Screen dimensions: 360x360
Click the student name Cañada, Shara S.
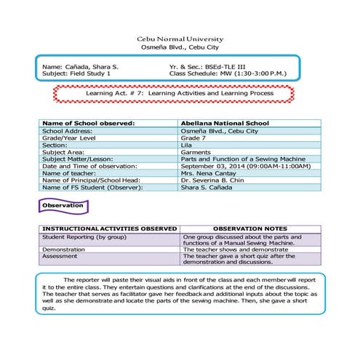(x=92, y=66)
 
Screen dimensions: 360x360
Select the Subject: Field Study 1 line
(x=77, y=73)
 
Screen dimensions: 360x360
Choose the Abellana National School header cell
(x=226, y=124)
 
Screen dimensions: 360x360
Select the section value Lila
(x=191, y=145)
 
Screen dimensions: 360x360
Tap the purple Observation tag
(x=64, y=207)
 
